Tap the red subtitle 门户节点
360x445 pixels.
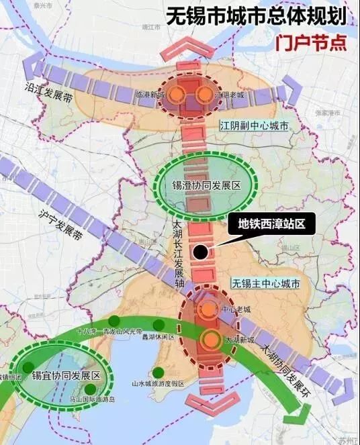(x=311, y=42)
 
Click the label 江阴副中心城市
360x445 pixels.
(x=253, y=126)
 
